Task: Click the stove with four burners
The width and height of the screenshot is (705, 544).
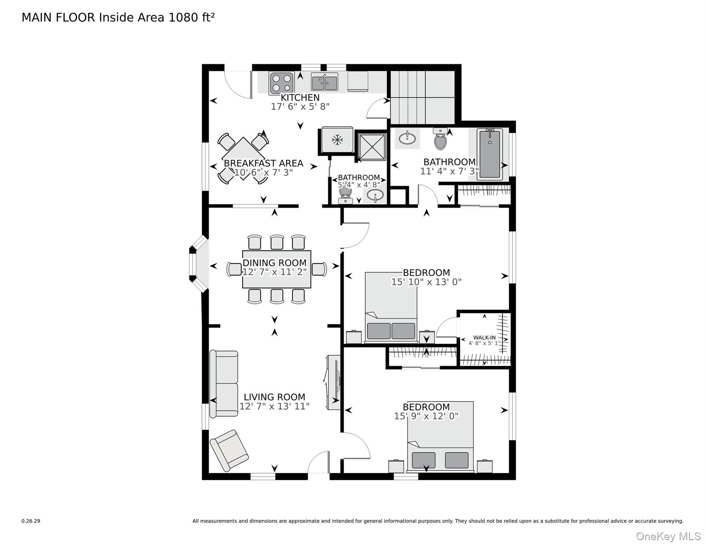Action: pos(282,83)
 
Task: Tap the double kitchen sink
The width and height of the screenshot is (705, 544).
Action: pos(324,82)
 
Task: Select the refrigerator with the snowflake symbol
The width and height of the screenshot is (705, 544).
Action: pos(337,140)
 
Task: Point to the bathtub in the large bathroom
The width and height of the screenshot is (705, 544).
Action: pos(490,154)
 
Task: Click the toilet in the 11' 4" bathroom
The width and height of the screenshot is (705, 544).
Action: pos(440,139)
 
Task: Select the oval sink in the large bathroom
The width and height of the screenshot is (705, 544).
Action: pos(407,138)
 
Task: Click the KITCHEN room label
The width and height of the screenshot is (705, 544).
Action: pos(300,97)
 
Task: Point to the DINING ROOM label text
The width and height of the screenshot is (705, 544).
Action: pos(274,263)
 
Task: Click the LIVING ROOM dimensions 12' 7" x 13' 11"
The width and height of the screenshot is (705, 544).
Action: pos(274,406)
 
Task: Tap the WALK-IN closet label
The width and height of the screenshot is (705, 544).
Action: pos(484,338)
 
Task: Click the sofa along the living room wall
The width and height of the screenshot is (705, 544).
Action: pos(224,384)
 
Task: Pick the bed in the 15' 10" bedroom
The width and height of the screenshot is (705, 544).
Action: pos(391,307)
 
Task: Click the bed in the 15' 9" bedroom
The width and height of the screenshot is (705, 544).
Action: pos(440,437)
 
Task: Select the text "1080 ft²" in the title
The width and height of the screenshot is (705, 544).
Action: pos(191,17)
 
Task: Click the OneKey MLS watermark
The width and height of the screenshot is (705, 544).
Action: pos(668,537)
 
